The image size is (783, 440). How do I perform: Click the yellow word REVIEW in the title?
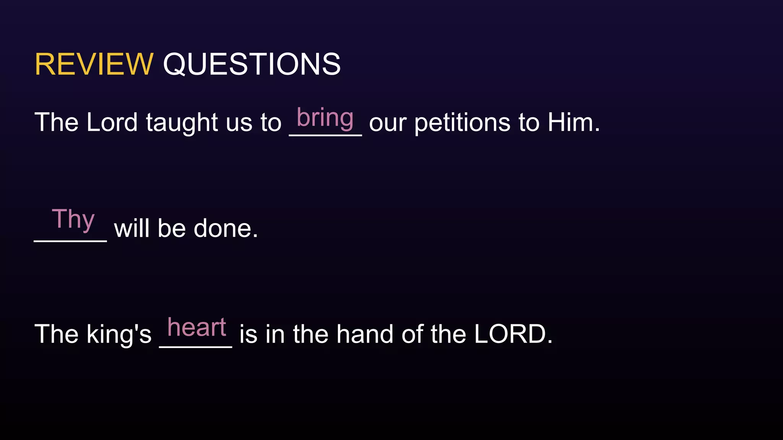point(94,64)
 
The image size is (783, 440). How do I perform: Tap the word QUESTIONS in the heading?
point(252,64)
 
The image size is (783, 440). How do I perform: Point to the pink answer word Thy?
point(73,219)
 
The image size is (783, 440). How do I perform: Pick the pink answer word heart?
point(197,327)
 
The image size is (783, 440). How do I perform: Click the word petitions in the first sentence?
point(462,123)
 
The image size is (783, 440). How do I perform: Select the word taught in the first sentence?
point(182,123)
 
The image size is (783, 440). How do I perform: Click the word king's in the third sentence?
point(119,335)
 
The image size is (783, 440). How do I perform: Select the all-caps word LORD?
point(513,334)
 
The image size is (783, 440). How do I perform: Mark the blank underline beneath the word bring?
point(325,135)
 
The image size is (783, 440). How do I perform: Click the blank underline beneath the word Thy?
point(70,241)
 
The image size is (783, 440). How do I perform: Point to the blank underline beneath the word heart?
point(195,347)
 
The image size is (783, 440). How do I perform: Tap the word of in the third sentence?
point(412,334)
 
